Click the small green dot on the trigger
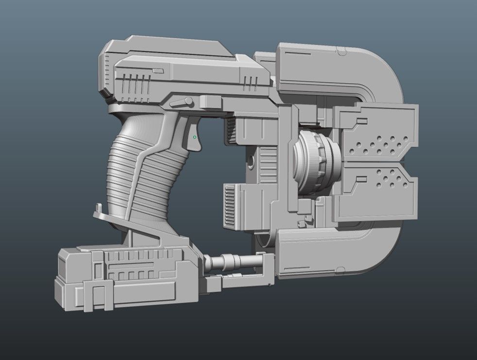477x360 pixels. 195,137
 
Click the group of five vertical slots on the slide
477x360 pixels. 136,85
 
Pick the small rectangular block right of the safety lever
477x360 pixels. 208,102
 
